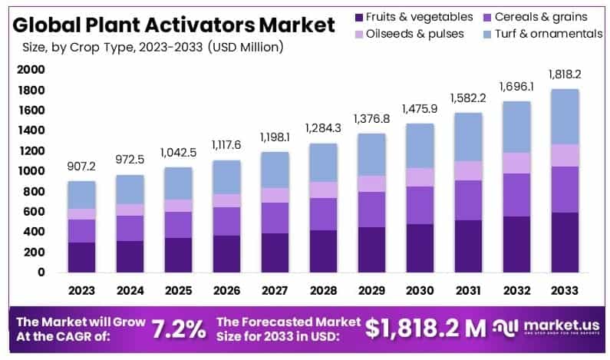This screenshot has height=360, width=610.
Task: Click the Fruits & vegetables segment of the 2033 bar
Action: pos(565,243)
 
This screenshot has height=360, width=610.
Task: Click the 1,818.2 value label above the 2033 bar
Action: pos(565,74)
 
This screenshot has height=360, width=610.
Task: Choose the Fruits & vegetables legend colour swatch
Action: pos(358,17)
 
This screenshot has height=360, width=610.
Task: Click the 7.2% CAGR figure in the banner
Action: pos(177,328)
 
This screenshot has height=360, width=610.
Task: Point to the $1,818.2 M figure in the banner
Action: pos(425,328)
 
